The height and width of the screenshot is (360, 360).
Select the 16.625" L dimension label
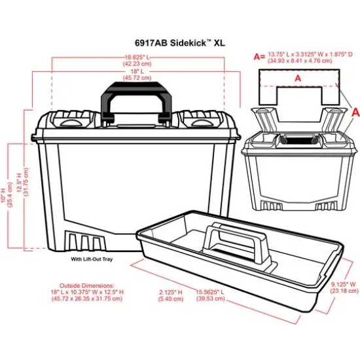point(138,57)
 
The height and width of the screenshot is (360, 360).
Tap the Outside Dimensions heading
point(87,286)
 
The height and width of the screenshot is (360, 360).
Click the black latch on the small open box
point(298,139)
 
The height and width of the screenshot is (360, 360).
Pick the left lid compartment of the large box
point(67,120)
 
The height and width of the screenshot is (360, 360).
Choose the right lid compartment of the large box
point(200,120)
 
